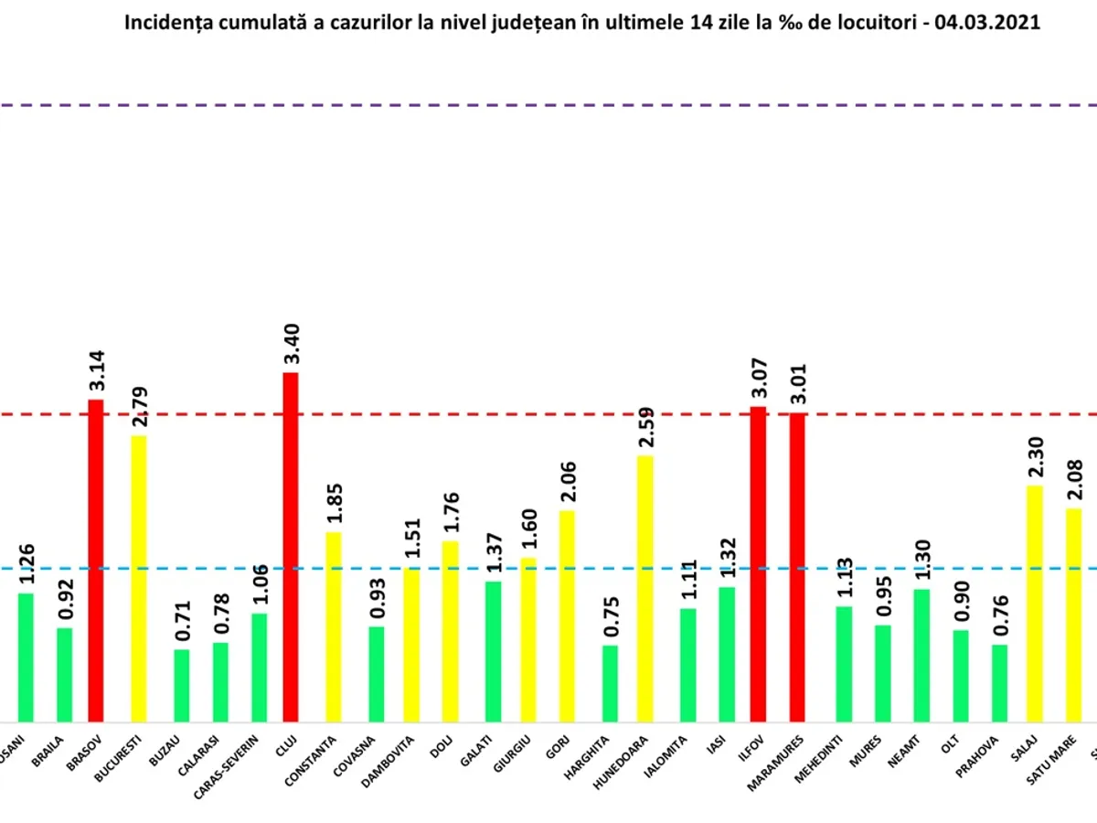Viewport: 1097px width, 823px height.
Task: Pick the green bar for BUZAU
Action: [x=182, y=686]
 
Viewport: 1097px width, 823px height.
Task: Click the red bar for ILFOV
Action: [x=758, y=564]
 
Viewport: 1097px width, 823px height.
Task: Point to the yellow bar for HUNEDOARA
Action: [x=645, y=589]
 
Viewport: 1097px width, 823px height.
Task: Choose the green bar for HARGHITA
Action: [x=610, y=684]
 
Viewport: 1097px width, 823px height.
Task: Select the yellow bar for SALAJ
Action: [x=1034, y=604]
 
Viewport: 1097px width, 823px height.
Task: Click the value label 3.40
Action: [x=292, y=345]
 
